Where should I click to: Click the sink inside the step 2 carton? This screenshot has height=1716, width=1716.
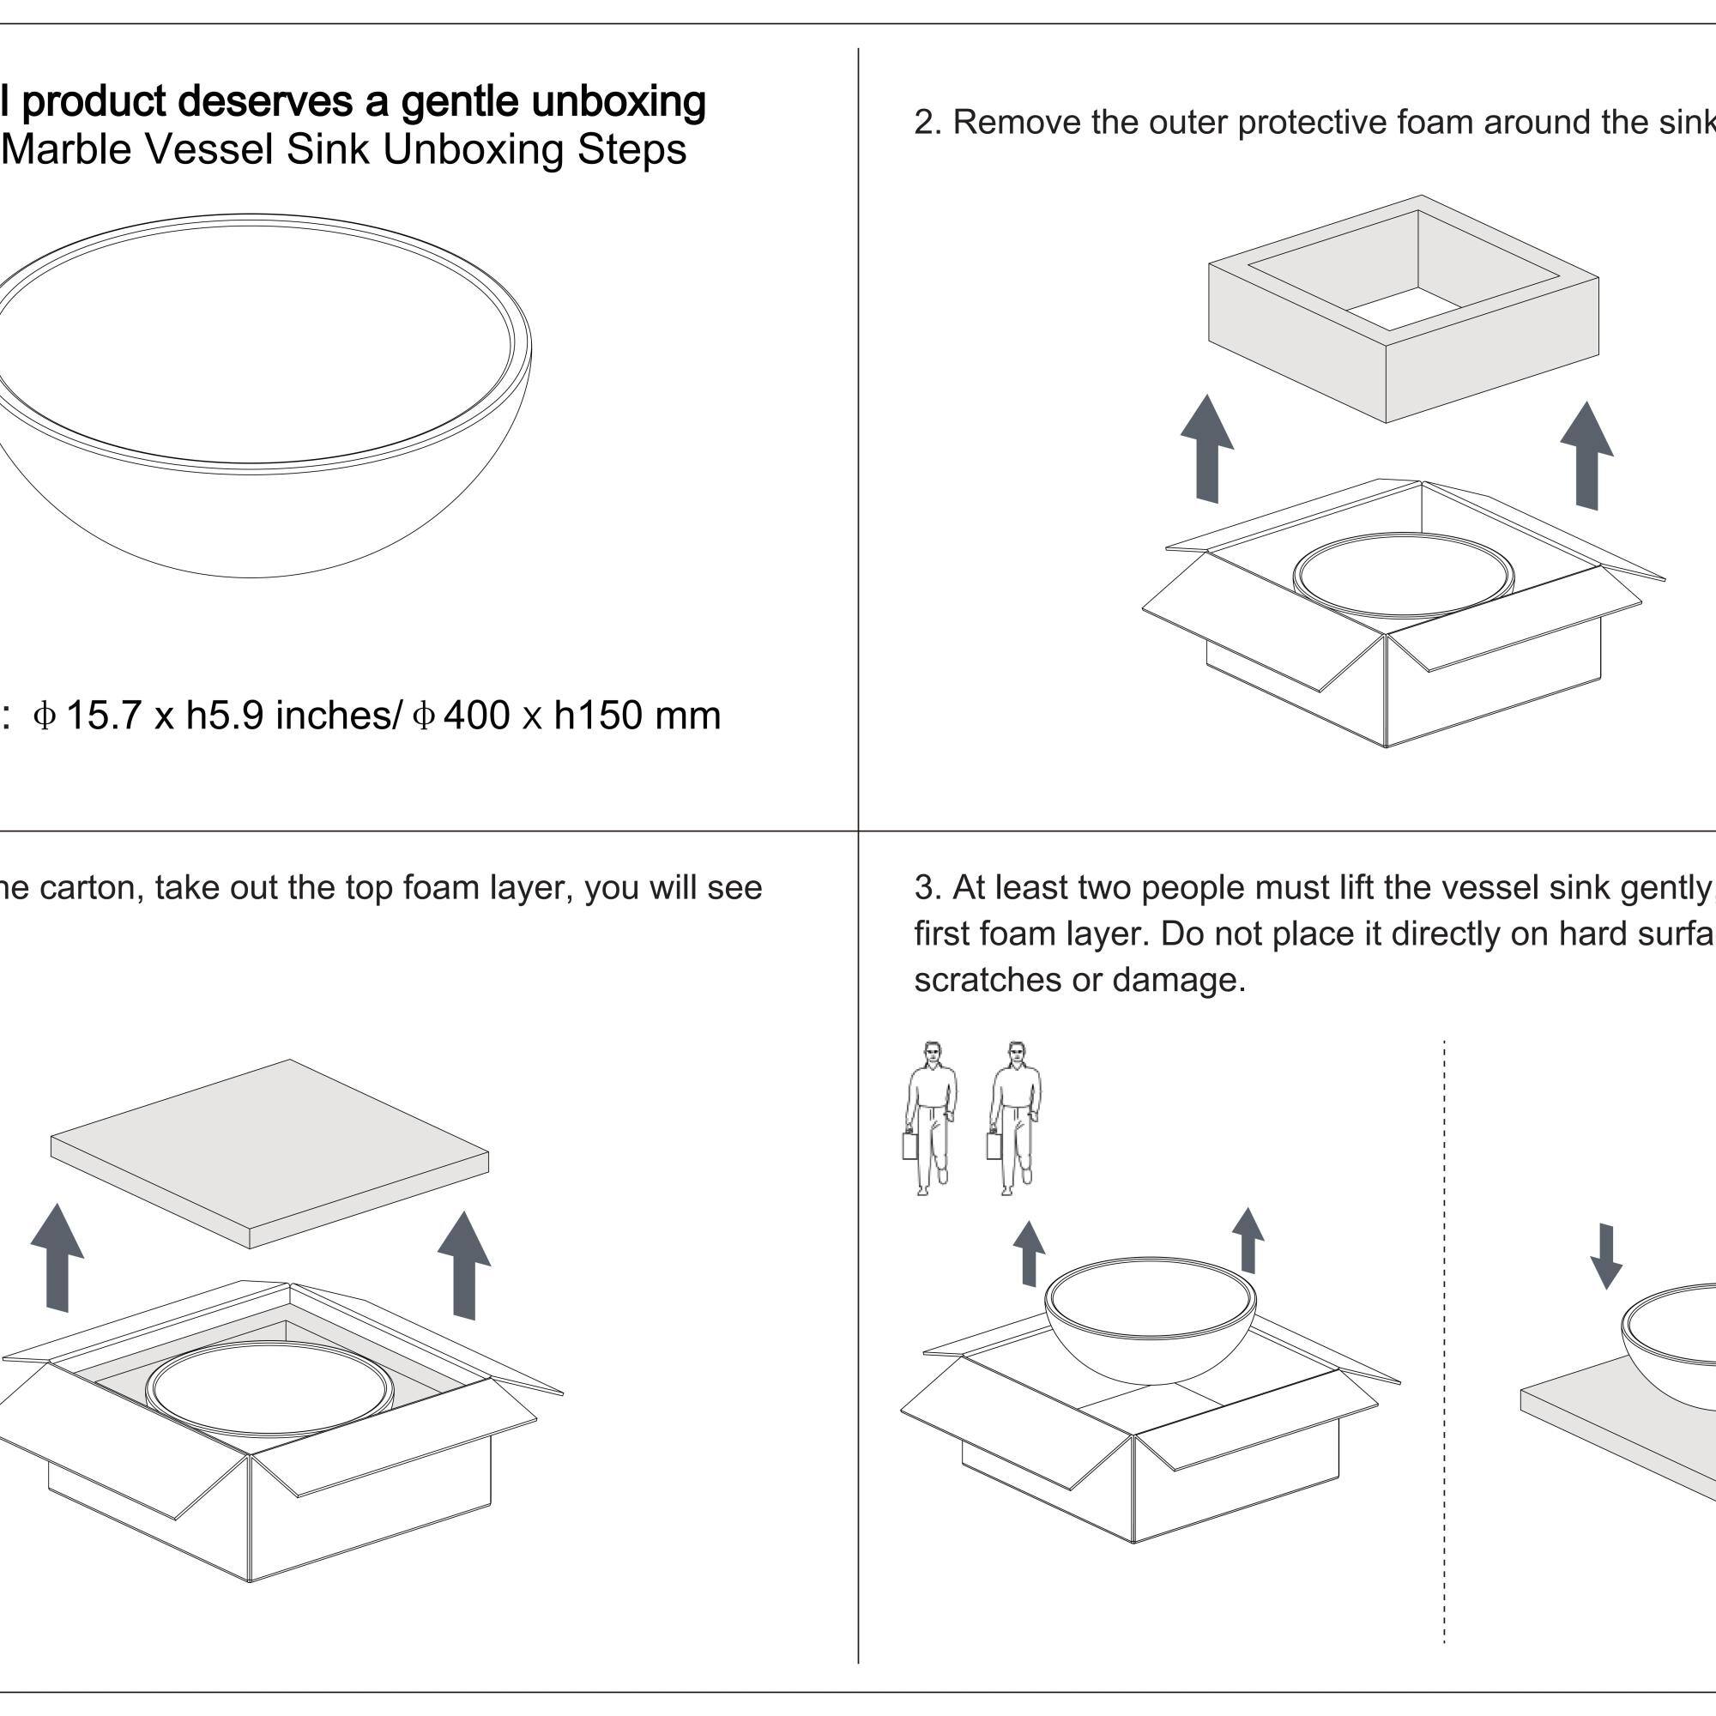point(1404,576)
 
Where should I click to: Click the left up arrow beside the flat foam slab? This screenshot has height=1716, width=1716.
point(57,1257)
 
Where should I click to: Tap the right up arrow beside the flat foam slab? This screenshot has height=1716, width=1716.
point(464,1265)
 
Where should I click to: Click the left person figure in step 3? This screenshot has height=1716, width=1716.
point(930,1117)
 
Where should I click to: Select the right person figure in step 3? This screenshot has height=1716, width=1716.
point(1014,1117)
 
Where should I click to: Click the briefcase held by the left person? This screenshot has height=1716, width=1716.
point(909,1145)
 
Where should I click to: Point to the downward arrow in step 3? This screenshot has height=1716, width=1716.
point(1606,1256)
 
